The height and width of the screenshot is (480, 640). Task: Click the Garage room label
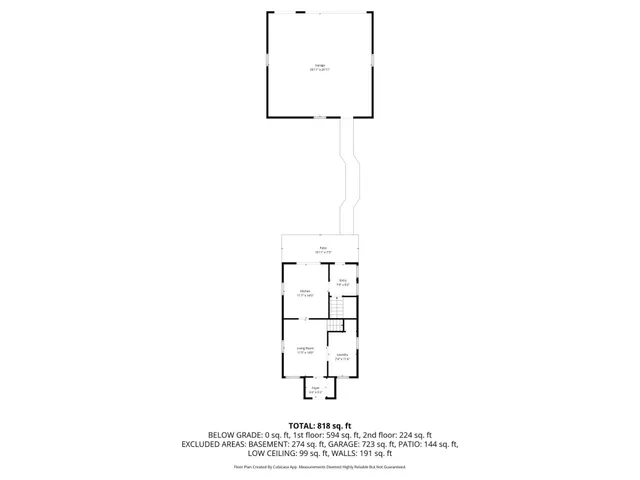coord(319,67)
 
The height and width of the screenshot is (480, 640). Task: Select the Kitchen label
coord(305,293)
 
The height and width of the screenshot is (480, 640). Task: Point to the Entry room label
coord(342,282)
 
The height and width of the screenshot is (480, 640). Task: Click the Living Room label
coord(305,350)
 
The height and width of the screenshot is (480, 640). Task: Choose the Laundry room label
coord(342,356)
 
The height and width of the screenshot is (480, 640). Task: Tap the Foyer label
coord(314,387)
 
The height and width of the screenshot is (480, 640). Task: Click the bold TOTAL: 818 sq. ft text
coord(320,425)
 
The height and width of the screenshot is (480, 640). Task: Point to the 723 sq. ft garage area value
coord(368,444)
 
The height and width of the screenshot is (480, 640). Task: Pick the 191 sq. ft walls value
coord(386,453)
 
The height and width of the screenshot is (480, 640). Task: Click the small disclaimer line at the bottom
coord(320,466)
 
